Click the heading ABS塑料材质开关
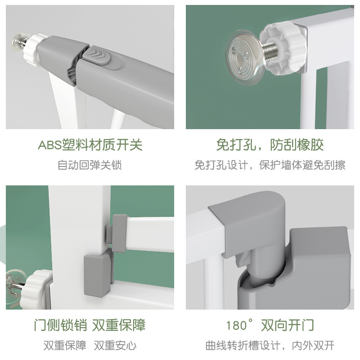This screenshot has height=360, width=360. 90,145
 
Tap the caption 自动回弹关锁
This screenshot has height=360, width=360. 90,165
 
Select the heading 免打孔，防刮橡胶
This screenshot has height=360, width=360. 270,145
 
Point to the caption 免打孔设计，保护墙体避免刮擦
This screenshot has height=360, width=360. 270,165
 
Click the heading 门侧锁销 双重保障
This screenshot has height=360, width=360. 90,325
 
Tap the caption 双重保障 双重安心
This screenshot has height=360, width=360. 90,346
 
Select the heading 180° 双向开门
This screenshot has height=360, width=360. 270,325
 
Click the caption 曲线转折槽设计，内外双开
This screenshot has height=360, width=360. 270,346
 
